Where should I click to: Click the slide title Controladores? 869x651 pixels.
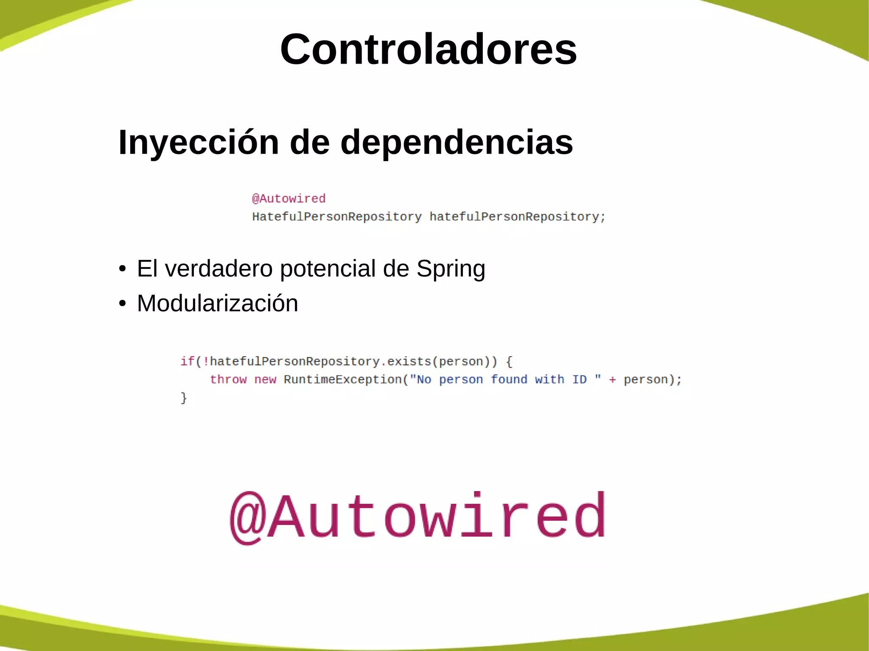pyautogui.click(x=428, y=49)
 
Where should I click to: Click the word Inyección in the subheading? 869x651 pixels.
pyautogui.click(x=198, y=142)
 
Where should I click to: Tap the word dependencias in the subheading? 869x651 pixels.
pyautogui.click(x=457, y=142)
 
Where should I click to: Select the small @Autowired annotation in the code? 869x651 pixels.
pyautogui.click(x=289, y=198)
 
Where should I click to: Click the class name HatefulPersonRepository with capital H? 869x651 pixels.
pyautogui.click(x=337, y=217)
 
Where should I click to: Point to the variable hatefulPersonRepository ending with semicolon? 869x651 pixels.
pyautogui.click(x=517, y=217)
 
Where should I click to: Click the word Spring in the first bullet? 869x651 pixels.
pyautogui.click(x=451, y=269)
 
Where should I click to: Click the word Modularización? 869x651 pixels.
pyautogui.click(x=217, y=304)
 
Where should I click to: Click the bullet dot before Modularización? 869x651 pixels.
pyautogui.click(x=123, y=304)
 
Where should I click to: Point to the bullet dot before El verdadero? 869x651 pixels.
pyautogui.click(x=123, y=269)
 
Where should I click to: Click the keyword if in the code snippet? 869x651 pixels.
pyautogui.click(x=187, y=361)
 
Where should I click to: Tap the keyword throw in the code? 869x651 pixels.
pyautogui.click(x=228, y=379)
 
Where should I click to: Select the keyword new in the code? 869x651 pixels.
pyautogui.click(x=265, y=379)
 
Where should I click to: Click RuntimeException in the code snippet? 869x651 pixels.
pyautogui.click(x=342, y=379)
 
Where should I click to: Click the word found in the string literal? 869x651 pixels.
pyautogui.click(x=509, y=379)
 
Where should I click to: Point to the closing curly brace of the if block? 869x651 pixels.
pyautogui.click(x=184, y=398)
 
